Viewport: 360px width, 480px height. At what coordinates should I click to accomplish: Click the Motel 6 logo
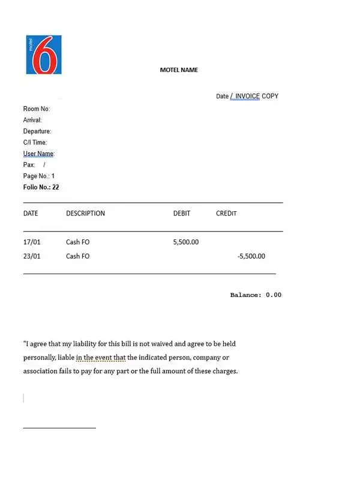click(x=44, y=55)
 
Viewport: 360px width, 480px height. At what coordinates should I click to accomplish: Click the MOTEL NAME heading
click(x=179, y=70)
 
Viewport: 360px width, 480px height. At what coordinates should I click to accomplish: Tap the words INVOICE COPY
click(x=257, y=96)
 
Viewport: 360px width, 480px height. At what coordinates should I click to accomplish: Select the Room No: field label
click(x=37, y=109)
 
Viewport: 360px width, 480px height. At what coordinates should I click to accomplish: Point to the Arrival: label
click(x=32, y=120)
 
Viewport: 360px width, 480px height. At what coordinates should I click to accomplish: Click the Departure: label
click(x=37, y=131)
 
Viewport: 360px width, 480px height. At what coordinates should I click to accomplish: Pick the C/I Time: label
click(x=35, y=142)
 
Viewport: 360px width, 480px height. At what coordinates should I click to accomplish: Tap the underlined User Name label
click(x=38, y=154)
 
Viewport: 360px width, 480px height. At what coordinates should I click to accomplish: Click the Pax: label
click(x=29, y=164)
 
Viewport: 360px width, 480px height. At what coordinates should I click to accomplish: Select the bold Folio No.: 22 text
click(x=41, y=187)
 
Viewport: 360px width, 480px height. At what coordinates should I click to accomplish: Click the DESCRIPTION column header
click(x=85, y=214)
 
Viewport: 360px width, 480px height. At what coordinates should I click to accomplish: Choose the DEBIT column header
click(x=182, y=214)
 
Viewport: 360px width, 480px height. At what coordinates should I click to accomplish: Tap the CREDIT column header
click(x=226, y=214)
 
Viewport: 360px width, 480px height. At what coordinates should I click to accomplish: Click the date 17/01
click(x=31, y=242)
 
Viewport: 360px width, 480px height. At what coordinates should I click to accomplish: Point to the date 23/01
click(x=31, y=256)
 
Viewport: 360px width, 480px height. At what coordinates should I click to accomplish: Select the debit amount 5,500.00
click(x=185, y=242)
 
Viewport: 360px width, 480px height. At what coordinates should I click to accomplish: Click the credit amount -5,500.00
click(x=251, y=256)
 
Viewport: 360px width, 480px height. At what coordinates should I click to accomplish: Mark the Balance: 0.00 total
click(x=256, y=295)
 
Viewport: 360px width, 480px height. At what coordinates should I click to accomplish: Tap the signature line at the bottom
click(x=59, y=428)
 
